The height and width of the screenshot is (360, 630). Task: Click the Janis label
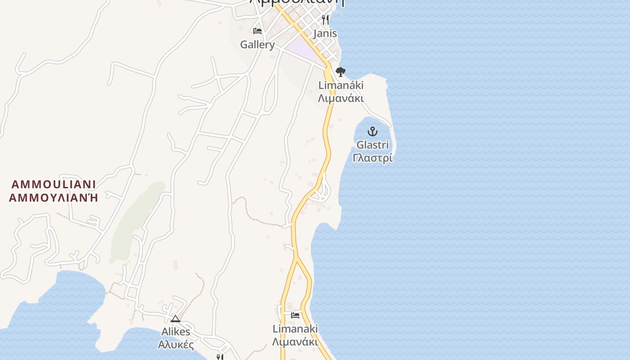325,33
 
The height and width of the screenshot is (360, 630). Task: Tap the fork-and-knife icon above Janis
325,19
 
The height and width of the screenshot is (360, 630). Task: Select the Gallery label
257,45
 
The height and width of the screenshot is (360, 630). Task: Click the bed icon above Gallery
257,31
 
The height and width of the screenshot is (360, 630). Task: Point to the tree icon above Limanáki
341,72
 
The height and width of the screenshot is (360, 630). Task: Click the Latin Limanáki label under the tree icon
341,85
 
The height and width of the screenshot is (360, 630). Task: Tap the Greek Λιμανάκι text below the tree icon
341,98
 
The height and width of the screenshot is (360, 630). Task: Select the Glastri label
373,145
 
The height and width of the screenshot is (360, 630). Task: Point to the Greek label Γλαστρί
373,158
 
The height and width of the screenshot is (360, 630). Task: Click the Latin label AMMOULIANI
54,184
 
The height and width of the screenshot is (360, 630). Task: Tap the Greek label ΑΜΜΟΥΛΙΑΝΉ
54,197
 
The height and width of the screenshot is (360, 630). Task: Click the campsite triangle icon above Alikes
175,319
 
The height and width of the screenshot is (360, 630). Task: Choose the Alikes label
175,332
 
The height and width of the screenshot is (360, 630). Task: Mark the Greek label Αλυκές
175,345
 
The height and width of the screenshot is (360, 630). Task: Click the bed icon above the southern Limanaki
295,315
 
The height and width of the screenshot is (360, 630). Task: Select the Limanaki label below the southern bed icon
295,328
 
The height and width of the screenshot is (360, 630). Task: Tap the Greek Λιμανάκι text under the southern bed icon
295,342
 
